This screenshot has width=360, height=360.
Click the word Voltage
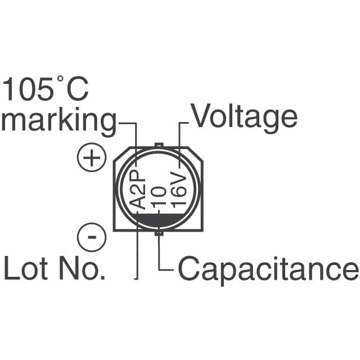pyautogui.click(x=244, y=116)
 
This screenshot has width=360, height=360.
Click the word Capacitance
pyautogui.click(x=268, y=269)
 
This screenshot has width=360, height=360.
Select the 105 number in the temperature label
pyautogui.click(x=28, y=89)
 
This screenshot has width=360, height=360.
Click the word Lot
pyautogui.click(x=29, y=268)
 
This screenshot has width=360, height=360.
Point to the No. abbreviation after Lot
pyautogui.click(x=83, y=268)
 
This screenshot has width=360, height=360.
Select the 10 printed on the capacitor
pyautogui.click(x=160, y=198)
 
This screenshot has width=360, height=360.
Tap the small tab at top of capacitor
pyautogui.click(x=159, y=146)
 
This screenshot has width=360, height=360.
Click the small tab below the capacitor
pyautogui.click(x=160, y=232)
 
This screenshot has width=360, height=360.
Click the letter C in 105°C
pyautogui.click(x=76, y=89)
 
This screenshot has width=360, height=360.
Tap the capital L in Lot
pyautogui.click(x=11, y=268)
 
